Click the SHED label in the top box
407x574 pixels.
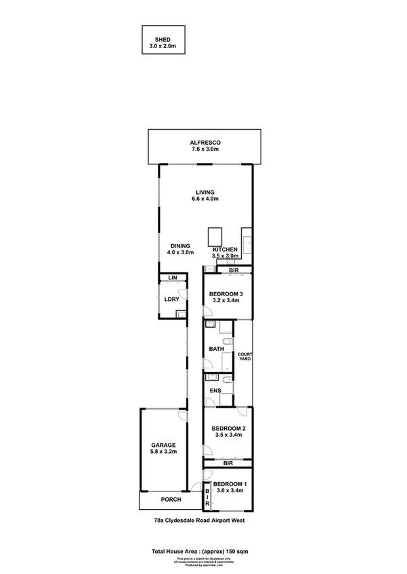(x=163, y=39)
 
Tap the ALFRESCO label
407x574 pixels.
(x=206, y=143)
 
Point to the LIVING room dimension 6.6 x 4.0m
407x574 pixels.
(x=206, y=199)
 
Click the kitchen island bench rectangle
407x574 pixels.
(x=216, y=236)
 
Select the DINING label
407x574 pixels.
(x=180, y=245)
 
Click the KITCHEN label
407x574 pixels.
(x=225, y=249)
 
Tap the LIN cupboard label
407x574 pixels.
(x=172, y=278)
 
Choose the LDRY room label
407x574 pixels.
(x=171, y=298)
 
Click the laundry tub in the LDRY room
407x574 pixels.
(x=180, y=313)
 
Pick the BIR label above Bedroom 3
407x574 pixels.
(x=234, y=270)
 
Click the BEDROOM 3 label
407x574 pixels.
(x=226, y=293)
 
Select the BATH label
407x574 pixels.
(x=217, y=349)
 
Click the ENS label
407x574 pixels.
(x=216, y=390)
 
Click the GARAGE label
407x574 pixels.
(x=163, y=445)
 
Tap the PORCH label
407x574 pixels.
(x=171, y=500)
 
